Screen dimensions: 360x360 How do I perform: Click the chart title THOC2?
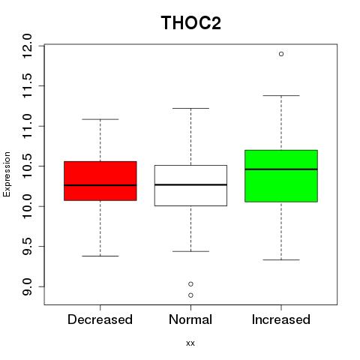click(x=190, y=23)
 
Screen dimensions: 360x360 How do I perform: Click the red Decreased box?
click(x=100, y=181)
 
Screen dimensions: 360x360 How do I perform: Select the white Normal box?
click(x=190, y=185)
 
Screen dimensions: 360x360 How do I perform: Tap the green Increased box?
click(x=281, y=176)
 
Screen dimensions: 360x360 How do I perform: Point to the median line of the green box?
click(x=281, y=169)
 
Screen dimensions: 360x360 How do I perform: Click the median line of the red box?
click(x=100, y=185)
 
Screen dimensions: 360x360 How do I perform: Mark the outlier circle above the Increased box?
click(x=281, y=54)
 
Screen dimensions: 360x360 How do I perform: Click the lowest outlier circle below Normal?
click(x=190, y=295)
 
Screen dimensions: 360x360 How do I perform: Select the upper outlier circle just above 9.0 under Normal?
click(x=190, y=284)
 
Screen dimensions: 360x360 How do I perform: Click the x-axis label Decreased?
click(x=100, y=319)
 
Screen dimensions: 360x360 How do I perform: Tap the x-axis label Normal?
click(x=190, y=319)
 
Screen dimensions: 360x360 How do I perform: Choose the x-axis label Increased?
click(x=281, y=319)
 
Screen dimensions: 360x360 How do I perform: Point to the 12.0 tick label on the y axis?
click(x=27, y=46)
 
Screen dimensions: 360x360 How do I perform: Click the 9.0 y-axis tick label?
click(x=27, y=286)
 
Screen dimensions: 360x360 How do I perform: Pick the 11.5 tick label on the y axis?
click(x=27, y=86)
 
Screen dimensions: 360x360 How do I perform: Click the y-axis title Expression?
click(x=7, y=174)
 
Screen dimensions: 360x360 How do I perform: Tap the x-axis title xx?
click(x=190, y=343)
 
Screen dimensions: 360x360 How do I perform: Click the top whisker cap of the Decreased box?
click(x=100, y=119)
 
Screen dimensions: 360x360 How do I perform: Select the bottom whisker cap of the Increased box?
click(x=281, y=260)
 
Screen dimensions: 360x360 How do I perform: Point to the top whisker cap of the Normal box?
click(x=190, y=108)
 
